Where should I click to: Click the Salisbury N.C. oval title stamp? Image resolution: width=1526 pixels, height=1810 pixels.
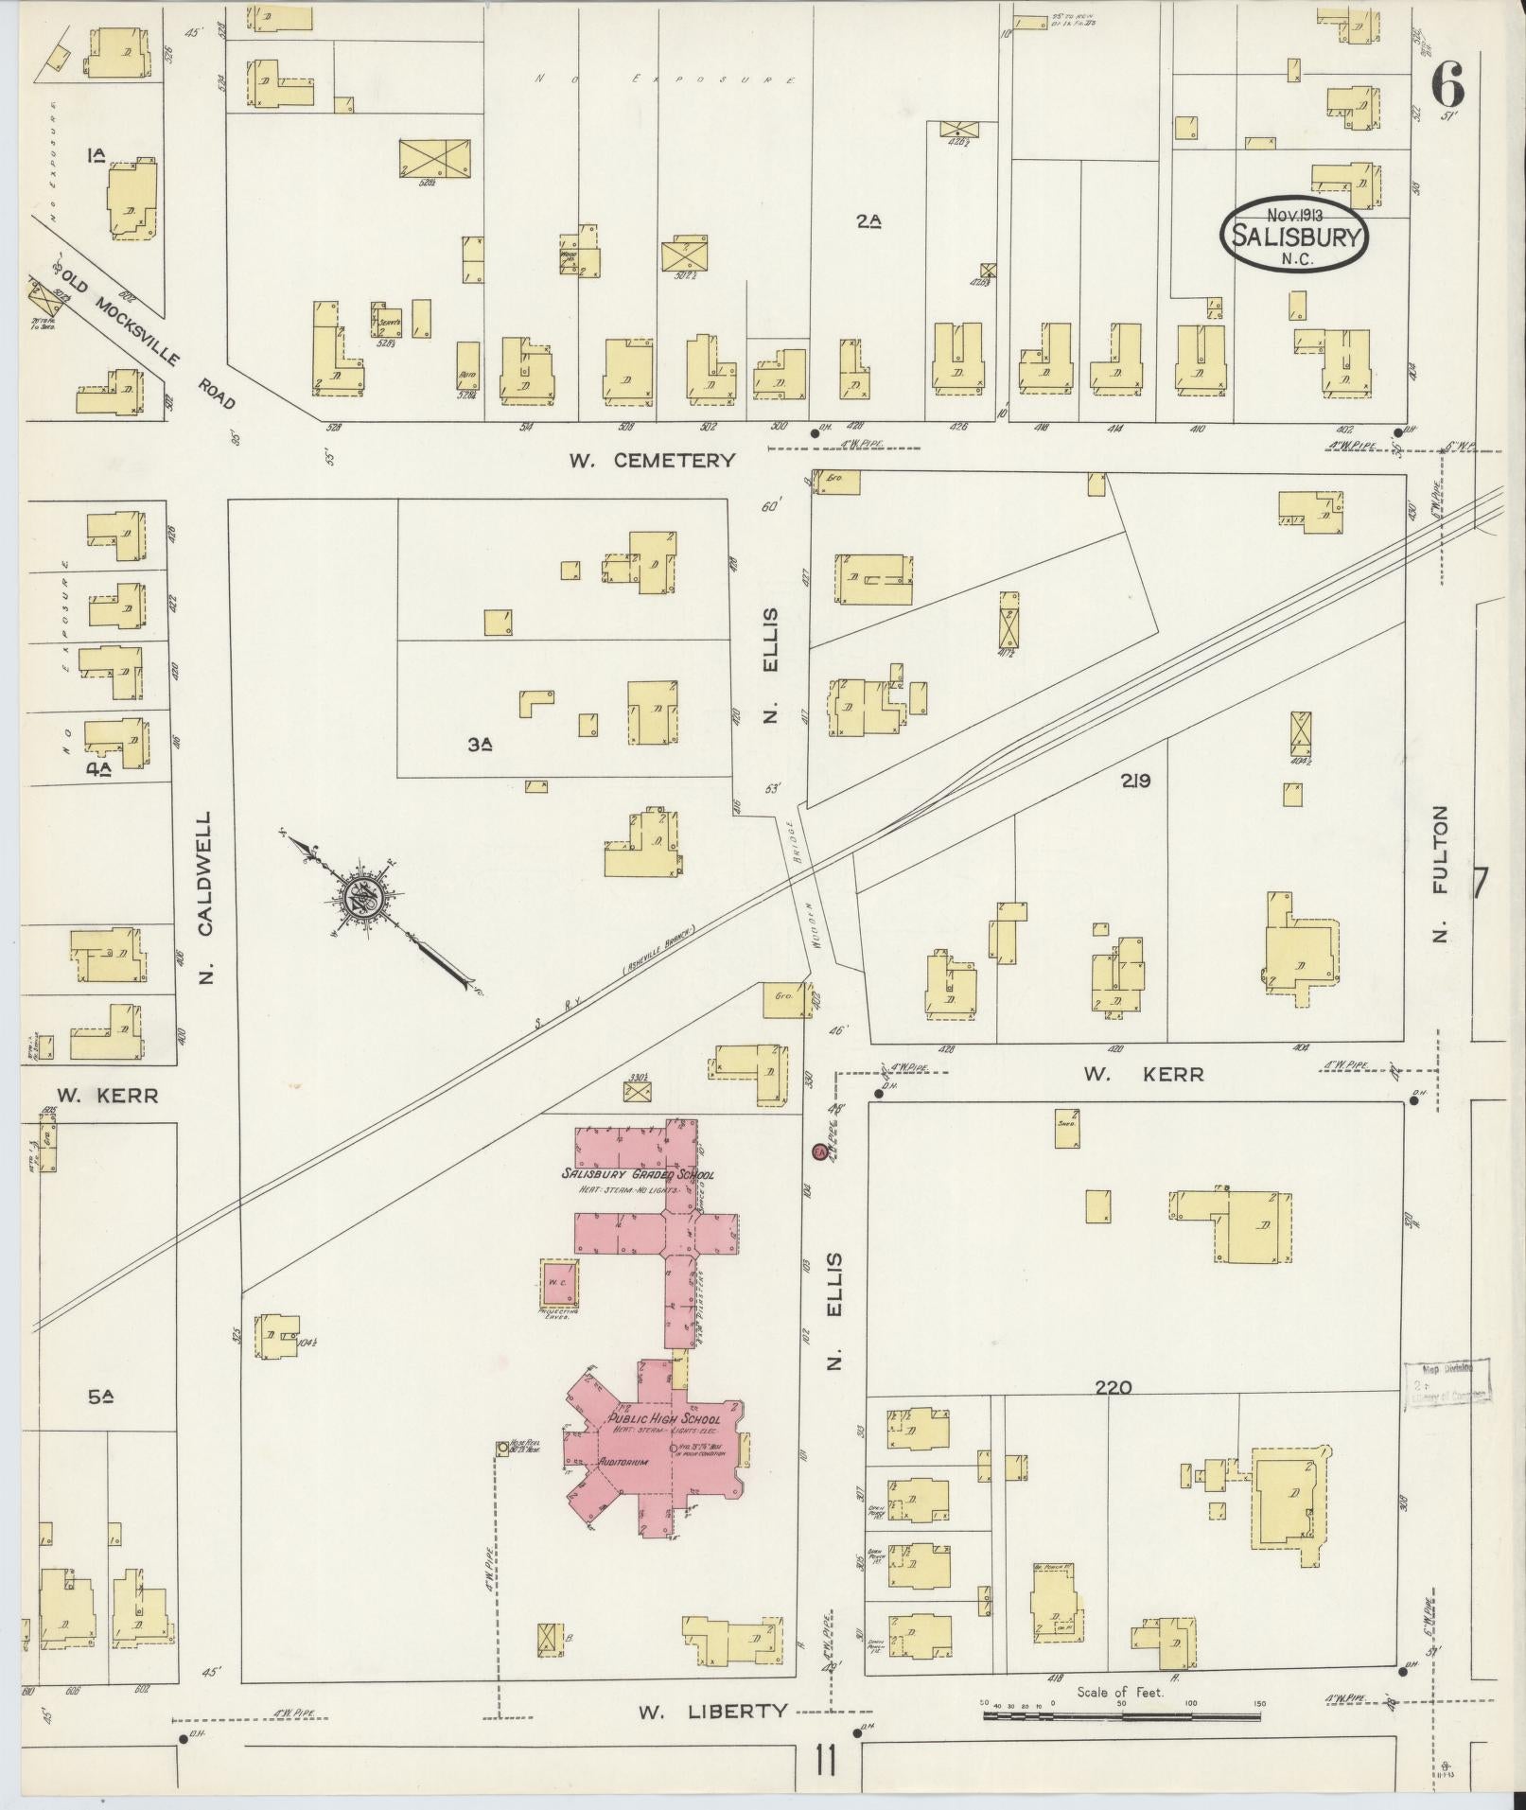click(1294, 235)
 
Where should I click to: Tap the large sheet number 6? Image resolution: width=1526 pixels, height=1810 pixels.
click(1447, 86)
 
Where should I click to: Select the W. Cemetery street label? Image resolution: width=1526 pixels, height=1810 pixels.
click(652, 461)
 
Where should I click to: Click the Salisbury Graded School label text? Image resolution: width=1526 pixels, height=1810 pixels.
click(638, 1174)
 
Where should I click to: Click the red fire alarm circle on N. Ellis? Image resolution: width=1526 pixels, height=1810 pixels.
click(818, 1151)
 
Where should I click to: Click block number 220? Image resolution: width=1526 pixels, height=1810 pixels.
click(1113, 1387)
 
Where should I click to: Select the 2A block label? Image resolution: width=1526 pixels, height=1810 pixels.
click(868, 222)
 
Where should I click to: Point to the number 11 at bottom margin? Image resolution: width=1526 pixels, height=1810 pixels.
click(824, 1763)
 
